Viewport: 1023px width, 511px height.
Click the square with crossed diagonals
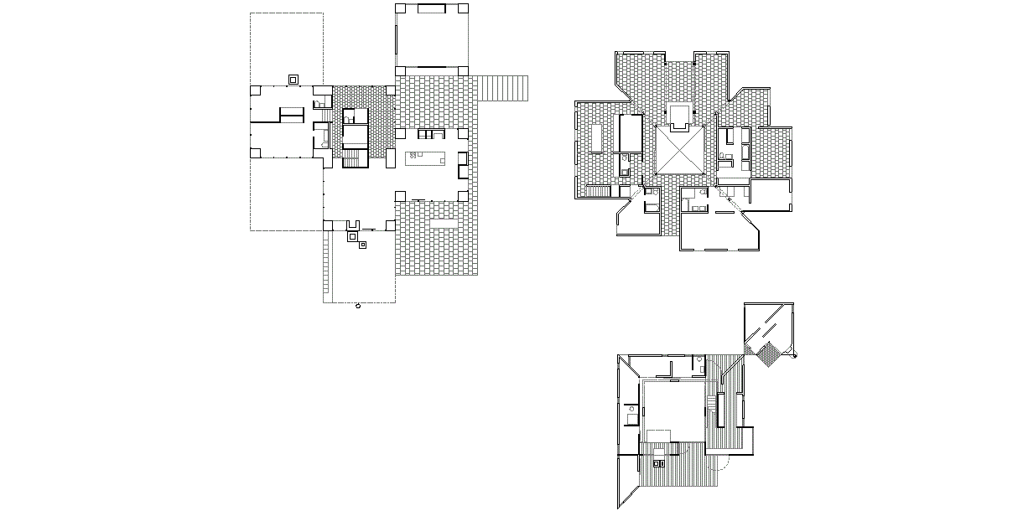679,151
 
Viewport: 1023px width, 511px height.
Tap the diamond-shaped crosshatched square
767,356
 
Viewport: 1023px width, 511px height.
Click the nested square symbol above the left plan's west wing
293,79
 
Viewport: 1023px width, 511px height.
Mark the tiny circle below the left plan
358,307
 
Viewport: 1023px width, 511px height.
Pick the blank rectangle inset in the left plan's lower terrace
443,225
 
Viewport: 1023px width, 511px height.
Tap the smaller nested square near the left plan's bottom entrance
362,245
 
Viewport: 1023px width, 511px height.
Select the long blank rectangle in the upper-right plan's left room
598,139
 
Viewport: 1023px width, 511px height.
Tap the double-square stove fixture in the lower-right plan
658,462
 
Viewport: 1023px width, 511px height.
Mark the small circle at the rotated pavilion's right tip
795,356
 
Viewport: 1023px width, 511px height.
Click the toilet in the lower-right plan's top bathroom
700,360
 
